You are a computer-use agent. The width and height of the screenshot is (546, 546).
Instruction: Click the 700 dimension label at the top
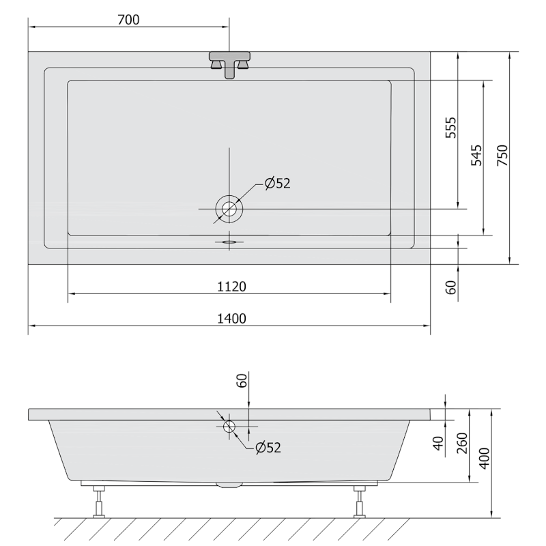point(128,20)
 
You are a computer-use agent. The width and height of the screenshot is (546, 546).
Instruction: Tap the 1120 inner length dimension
point(231,287)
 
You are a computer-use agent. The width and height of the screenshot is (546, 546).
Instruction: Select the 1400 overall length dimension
point(231,319)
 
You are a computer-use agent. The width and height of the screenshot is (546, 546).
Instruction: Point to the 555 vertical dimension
point(451,128)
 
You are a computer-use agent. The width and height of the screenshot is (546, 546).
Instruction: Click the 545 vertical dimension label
point(476,156)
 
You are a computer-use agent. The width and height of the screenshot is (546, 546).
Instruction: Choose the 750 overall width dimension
point(502,156)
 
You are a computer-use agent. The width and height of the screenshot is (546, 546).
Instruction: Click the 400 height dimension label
point(485,458)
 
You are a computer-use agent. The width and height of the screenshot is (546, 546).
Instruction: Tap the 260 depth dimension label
point(462,443)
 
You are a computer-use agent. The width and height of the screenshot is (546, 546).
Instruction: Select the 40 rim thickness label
point(439,443)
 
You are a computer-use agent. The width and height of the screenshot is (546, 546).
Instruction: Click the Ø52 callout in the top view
point(277,183)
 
